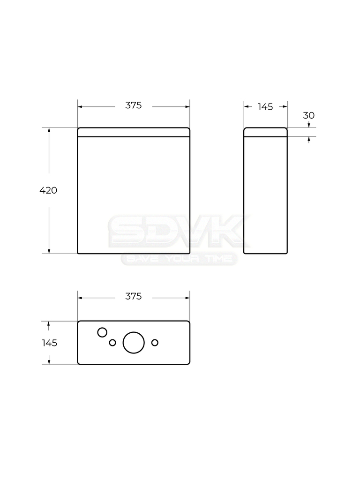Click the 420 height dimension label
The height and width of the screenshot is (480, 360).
(48, 190)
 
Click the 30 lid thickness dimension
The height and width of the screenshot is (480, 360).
(308, 115)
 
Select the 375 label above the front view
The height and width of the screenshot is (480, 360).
(134, 105)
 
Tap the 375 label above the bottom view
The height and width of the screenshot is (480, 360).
(134, 296)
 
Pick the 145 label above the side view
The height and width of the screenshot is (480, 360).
(265, 107)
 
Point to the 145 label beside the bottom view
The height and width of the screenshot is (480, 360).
(50, 343)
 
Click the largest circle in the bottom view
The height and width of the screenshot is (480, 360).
(134, 343)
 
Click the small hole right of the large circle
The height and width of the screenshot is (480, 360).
(155, 343)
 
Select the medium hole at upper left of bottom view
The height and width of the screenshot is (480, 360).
(102, 332)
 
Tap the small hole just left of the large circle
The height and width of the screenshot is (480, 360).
(112, 343)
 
